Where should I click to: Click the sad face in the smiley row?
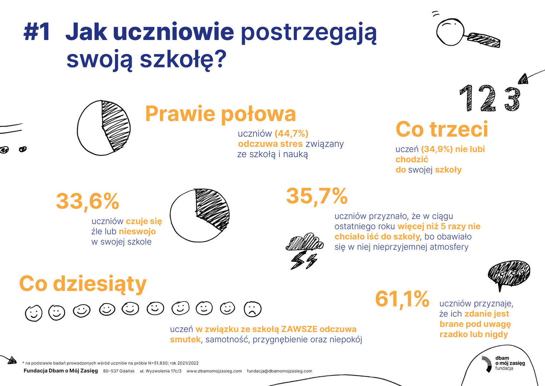[252, 309]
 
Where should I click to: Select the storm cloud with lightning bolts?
[304, 251]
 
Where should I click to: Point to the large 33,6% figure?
[87, 201]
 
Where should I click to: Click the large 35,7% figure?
[317, 196]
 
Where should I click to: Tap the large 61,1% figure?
[402, 299]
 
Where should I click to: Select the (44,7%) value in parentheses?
[291, 134]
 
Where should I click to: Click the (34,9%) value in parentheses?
[437, 149]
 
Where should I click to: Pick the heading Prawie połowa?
[220, 114]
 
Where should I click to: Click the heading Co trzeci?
[441, 129]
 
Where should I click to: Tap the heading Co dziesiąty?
[83, 284]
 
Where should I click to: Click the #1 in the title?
[37, 32]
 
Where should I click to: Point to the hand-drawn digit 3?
[512, 99]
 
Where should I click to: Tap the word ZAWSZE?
[299, 329]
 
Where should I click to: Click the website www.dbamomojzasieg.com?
[214, 371]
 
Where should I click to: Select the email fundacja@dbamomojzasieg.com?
[279, 371]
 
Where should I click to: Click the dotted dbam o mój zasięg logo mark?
[486, 363]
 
